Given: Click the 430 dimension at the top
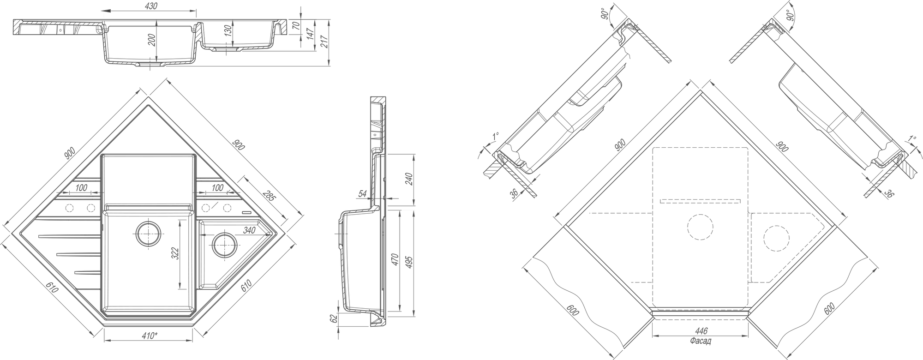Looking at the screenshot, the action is [x=151, y=6].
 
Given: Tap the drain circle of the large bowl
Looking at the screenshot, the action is [x=148, y=233].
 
